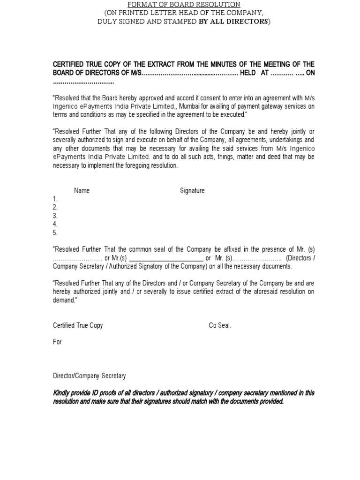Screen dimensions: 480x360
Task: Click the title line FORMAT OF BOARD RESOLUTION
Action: tap(184, 4)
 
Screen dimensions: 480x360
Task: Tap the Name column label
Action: tap(82, 191)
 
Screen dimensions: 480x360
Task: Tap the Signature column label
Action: tap(192, 191)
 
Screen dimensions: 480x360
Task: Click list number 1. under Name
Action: tap(55, 199)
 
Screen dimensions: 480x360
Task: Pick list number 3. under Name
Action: tap(55, 216)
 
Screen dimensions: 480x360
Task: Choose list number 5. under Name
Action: tap(55, 233)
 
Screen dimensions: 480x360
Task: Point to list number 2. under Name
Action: tap(55, 208)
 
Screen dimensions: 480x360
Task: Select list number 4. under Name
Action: tap(55, 225)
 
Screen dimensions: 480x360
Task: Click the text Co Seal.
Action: tap(220, 325)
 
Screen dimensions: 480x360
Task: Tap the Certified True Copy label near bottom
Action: tap(78, 325)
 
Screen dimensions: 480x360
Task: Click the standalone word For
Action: tap(57, 342)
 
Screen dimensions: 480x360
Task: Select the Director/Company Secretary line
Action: tap(89, 376)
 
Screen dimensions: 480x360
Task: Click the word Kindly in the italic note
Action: tap(62, 393)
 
